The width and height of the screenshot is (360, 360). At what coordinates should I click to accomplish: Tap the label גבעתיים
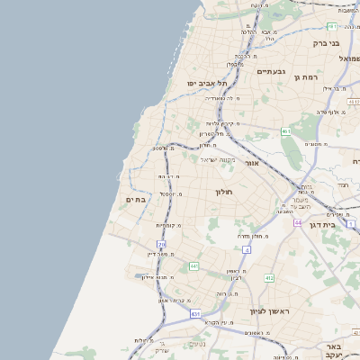coord(270,71)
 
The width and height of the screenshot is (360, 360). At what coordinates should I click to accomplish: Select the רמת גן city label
coord(308,78)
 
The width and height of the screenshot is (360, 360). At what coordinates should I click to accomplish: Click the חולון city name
coord(224,192)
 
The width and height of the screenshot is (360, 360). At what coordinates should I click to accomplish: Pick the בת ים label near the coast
coord(135,199)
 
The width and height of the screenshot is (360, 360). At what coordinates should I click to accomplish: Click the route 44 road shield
coord(297,221)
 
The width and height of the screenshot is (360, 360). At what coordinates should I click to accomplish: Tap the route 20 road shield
coord(162,244)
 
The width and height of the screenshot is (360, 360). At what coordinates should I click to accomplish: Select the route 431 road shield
coord(195,314)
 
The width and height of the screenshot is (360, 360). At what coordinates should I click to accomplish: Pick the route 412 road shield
coord(269,278)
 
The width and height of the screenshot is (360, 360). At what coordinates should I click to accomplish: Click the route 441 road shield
coord(194,266)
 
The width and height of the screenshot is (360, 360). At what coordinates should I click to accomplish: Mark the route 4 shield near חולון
coord(245,249)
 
